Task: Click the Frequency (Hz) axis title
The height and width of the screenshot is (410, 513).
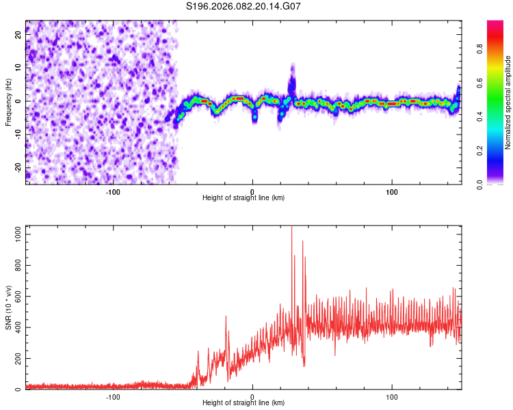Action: click(x=8, y=102)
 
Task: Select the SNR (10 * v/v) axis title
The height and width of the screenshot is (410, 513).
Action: click(x=8, y=307)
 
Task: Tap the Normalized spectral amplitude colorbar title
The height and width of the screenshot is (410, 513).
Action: click(x=508, y=102)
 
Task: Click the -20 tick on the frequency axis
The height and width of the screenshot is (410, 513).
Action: click(x=17, y=167)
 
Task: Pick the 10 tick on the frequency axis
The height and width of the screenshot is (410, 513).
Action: click(x=18, y=68)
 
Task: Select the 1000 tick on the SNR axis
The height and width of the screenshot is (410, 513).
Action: click(x=14, y=234)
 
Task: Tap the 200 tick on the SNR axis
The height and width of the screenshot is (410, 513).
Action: click(x=16, y=359)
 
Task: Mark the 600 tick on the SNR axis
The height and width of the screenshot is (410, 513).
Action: click(x=16, y=297)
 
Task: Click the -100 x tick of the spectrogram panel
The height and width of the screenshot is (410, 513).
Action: click(x=113, y=191)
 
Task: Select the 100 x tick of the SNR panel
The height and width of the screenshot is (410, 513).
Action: click(x=392, y=396)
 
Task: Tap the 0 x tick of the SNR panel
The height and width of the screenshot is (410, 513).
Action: click(x=252, y=396)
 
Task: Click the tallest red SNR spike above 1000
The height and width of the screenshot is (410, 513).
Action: click(x=291, y=228)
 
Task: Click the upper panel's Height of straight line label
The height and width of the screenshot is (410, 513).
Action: click(x=244, y=197)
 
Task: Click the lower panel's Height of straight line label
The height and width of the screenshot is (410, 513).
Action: click(x=244, y=402)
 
